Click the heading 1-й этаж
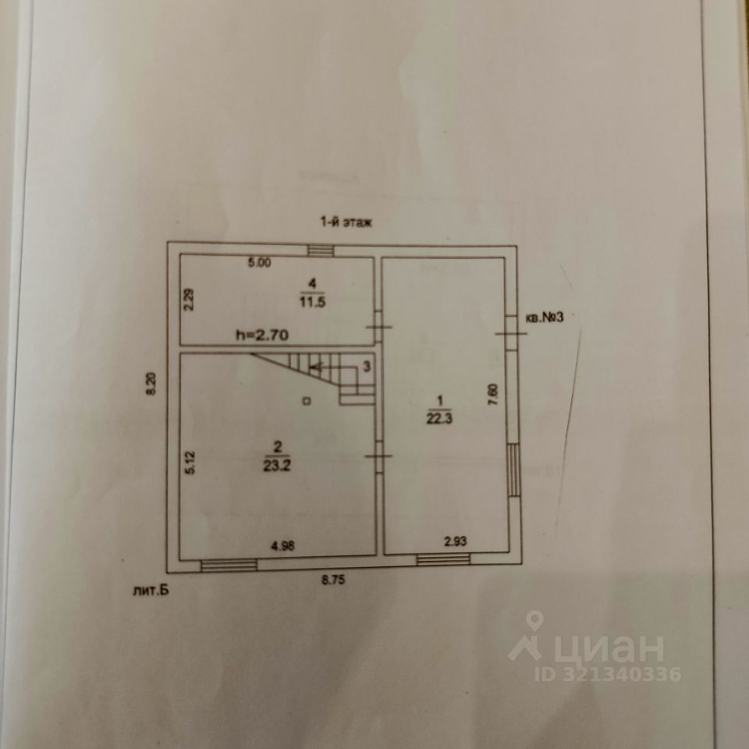[347, 221]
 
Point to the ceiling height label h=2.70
[263, 335]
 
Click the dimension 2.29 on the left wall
[188, 300]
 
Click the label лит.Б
[151, 591]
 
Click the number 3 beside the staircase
[367, 366]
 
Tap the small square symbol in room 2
[307, 401]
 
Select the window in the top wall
[320, 250]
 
